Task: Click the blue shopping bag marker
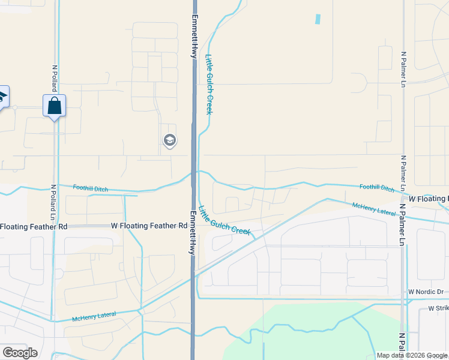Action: (x=54, y=106)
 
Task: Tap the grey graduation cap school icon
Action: (x=169, y=141)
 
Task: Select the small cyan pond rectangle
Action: (x=317, y=19)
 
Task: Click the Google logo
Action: (x=20, y=353)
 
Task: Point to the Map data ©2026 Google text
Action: (x=412, y=355)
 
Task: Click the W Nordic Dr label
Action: (x=426, y=292)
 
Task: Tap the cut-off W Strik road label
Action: (x=438, y=308)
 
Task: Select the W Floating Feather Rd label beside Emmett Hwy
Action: (x=149, y=226)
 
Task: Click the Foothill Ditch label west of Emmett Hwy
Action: (x=91, y=188)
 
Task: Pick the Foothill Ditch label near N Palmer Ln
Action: (x=377, y=188)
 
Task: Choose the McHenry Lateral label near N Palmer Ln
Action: (x=374, y=209)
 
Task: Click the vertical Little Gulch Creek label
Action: (x=209, y=84)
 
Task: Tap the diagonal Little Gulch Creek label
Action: (x=224, y=221)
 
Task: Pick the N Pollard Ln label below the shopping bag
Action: (x=54, y=202)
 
